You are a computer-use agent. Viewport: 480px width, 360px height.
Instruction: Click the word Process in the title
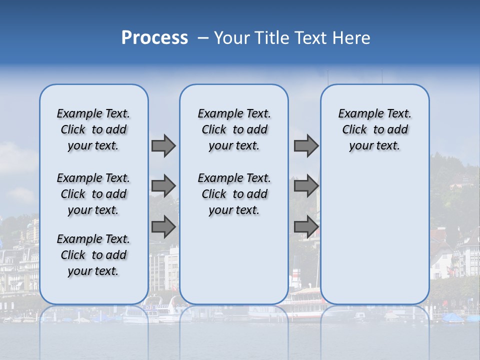154,38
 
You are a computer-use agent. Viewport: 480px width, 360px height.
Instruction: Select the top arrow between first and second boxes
163,145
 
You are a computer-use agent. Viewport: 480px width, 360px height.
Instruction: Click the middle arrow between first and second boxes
163,186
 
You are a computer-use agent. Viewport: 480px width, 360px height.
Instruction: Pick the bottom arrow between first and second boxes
163,227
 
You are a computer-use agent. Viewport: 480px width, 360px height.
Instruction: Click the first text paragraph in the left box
93,129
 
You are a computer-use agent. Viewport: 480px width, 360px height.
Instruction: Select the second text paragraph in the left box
93,194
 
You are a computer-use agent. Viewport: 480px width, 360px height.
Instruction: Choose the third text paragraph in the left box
93,255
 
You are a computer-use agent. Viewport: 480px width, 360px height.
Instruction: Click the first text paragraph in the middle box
234,129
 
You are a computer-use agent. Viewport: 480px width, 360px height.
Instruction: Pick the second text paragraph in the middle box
234,194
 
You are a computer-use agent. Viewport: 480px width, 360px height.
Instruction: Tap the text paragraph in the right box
374,129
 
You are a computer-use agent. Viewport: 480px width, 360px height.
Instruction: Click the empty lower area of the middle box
234,260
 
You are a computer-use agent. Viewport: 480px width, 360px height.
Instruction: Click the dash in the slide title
203,38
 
